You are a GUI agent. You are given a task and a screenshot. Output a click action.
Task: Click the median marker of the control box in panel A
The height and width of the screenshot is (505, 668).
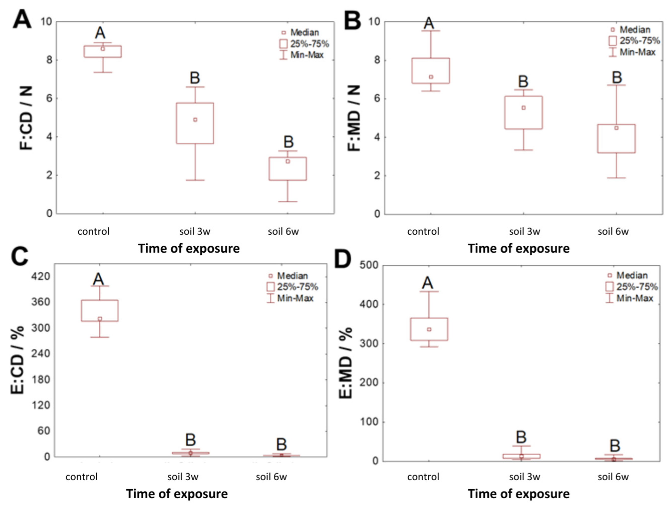coord(103,49)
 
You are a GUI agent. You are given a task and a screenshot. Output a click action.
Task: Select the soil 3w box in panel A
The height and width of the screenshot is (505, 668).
coord(195,123)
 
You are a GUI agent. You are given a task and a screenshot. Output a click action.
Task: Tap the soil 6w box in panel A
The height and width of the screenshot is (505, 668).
coord(288,169)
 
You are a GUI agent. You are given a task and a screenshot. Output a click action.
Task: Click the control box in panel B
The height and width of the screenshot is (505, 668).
coord(431,71)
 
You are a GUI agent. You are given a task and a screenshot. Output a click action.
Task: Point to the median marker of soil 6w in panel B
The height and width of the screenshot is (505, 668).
coord(616,128)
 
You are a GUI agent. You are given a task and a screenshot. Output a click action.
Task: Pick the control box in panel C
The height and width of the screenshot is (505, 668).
coord(100,310)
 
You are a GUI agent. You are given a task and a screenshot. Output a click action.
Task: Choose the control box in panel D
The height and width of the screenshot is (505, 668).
coord(429,329)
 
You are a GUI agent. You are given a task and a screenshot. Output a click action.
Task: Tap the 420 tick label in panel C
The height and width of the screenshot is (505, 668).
coord(41,276)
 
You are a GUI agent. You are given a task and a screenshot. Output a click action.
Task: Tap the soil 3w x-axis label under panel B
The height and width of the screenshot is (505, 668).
coord(525,231)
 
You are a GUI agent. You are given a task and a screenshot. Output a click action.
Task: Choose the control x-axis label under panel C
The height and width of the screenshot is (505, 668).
coord(82,477)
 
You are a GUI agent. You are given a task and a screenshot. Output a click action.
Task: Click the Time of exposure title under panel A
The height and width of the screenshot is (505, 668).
coord(189,249)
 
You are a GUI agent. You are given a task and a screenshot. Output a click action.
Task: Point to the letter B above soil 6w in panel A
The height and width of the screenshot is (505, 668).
coord(288,142)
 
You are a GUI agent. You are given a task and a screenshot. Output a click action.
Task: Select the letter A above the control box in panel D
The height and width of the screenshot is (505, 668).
coord(427,283)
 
